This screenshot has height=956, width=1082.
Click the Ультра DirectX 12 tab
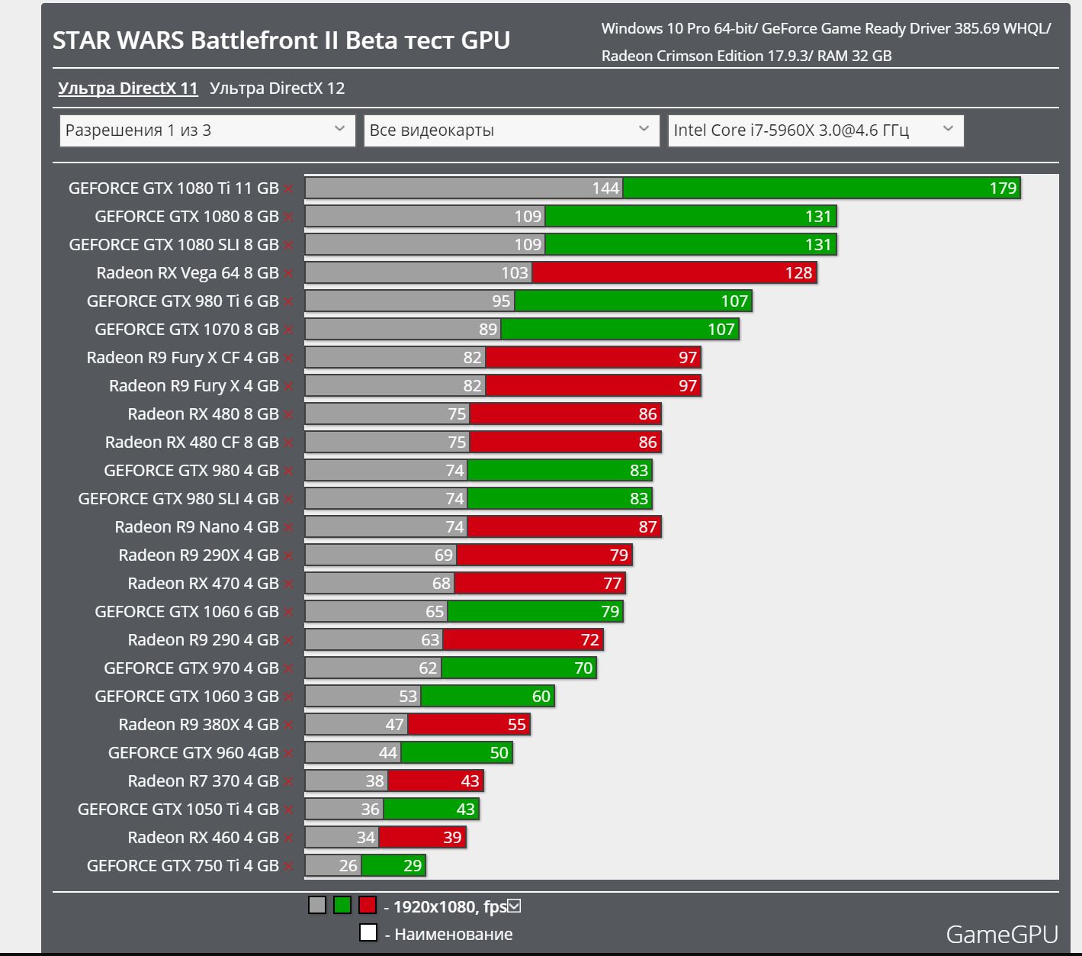coord(277,89)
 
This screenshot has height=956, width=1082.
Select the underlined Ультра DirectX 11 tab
coord(128,89)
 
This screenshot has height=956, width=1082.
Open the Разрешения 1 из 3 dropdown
coord(207,130)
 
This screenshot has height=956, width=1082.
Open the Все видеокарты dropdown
coord(511,130)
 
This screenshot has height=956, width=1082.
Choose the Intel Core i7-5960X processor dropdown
coord(815,130)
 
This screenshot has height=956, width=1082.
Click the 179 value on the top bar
coord(1003,188)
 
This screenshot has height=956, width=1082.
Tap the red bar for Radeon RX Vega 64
coord(673,273)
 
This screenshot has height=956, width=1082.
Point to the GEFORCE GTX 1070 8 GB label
coord(186,330)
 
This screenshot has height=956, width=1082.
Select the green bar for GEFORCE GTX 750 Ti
coord(393,866)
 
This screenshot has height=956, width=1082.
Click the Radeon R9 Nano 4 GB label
coord(196,527)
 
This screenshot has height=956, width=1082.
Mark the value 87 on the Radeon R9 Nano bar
coord(647,527)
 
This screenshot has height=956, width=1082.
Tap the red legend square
coord(368,906)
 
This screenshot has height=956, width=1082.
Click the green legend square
coord(342,906)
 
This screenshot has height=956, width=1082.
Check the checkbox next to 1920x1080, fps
coord(514,906)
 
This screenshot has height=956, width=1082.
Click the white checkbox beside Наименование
coord(368,933)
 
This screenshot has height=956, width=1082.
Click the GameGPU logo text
coord(1001,935)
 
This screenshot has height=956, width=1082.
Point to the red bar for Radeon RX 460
coord(422,838)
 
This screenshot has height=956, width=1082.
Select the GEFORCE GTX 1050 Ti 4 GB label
coord(178,810)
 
